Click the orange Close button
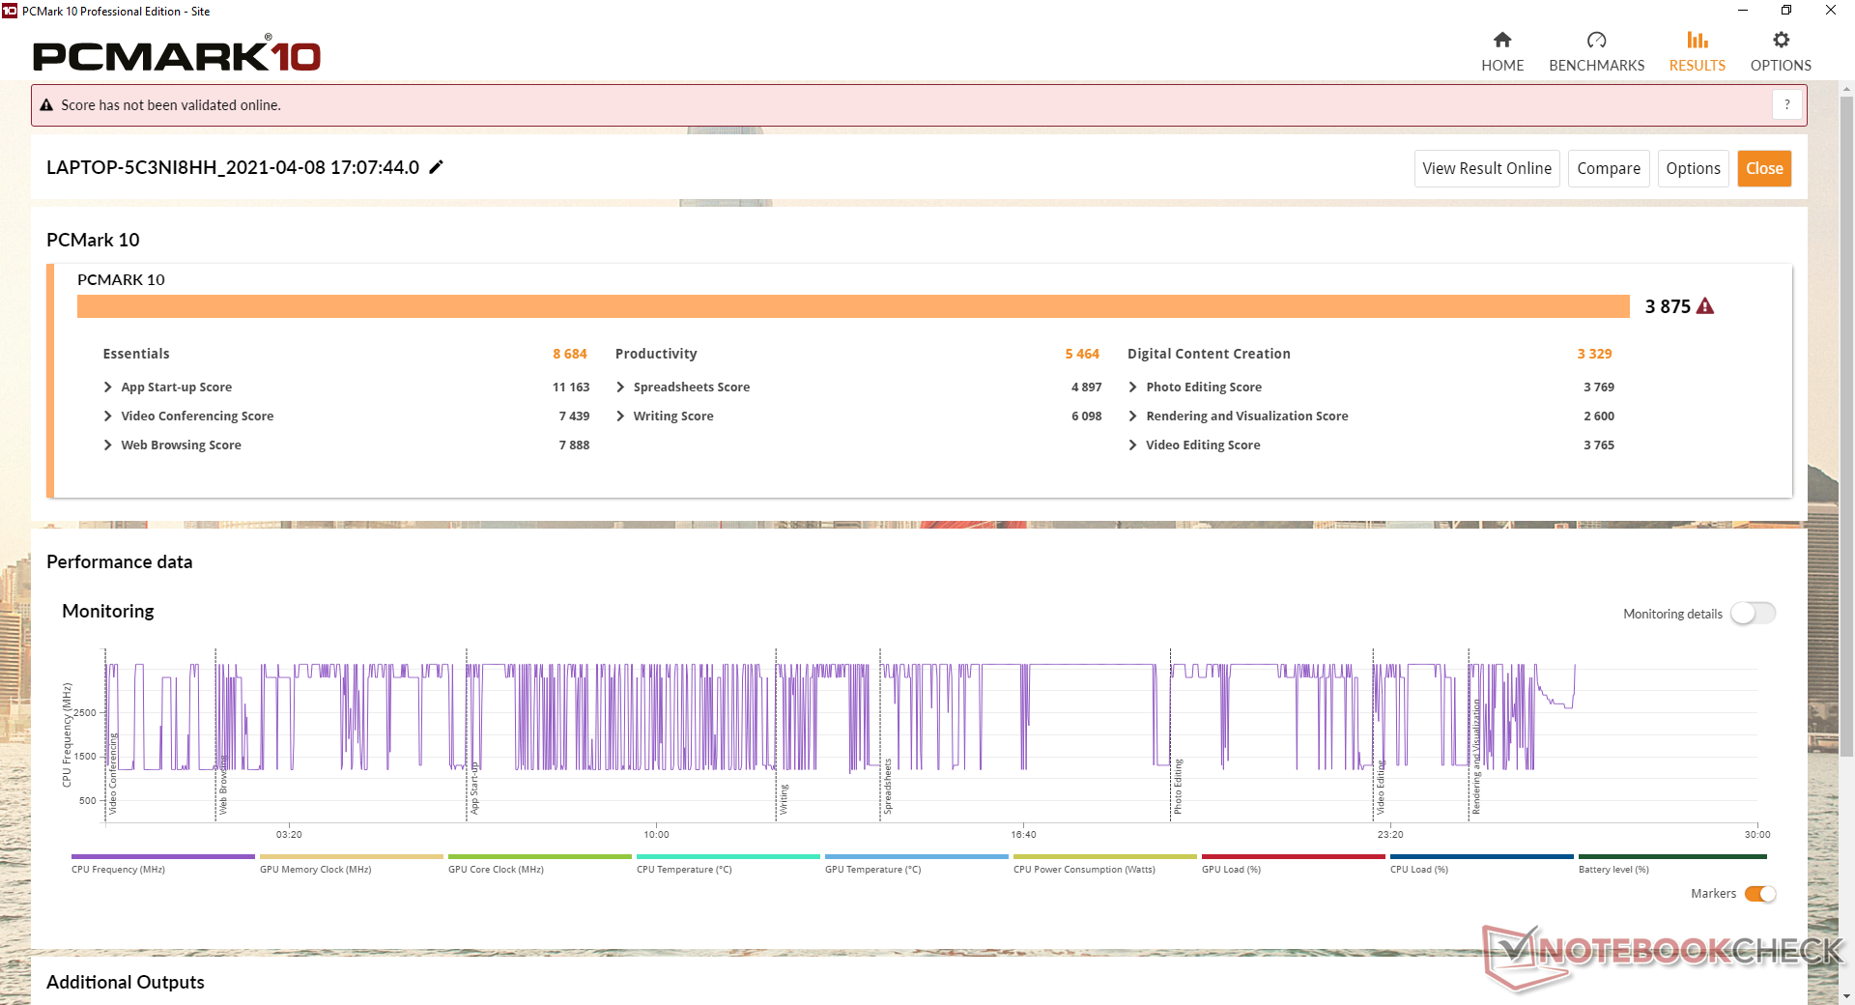tap(1764, 168)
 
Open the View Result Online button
tap(1486, 168)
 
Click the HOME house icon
tap(1501, 40)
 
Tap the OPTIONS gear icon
tap(1781, 40)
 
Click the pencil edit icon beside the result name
tap(437, 167)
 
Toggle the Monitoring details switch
tap(1753, 614)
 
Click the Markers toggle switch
tap(1760, 894)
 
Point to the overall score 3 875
tap(1668, 306)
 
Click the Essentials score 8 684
tap(570, 354)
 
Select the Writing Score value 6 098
tap(1086, 416)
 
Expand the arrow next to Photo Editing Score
tap(1132, 387)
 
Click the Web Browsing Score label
tap(181, 445)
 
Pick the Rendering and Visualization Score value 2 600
tap(1598, 416)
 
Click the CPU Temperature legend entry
tap(684, 870)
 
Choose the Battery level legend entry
tap(1613, 870)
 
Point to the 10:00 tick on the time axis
tap(656, 834)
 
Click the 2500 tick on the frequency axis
tap(86, 713)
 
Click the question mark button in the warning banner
tap(1786, 104)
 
